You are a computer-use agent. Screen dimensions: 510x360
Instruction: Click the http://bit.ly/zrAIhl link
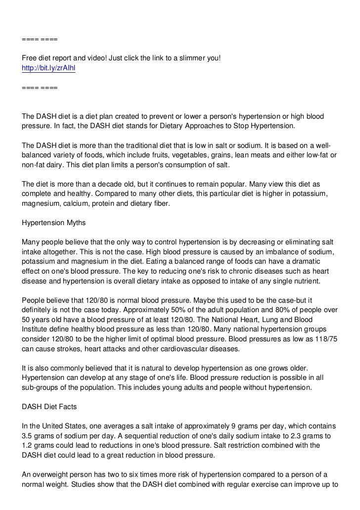[49, 68]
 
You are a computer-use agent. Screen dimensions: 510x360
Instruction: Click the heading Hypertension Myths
[54, 223]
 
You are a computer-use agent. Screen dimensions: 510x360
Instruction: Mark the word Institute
[36, 329]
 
